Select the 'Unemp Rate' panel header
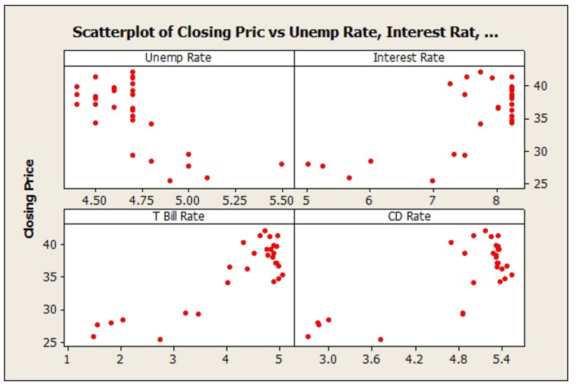tap(178, 58)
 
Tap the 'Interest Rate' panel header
tap(409, 58)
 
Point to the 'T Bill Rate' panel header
tap(178, 216)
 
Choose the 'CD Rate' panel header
tap(409, 216)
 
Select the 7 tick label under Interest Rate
tap(432, 200)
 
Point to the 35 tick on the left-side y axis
tap(51, 277)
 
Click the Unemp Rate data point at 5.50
tap(282, 164)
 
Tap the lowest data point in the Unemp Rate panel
tap(170, 181)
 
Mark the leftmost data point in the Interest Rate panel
tap(308, 164)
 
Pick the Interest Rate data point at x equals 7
tap(432, 181)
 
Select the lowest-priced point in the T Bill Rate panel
tap(160, 339)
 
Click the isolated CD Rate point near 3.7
tap(380, 339)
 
